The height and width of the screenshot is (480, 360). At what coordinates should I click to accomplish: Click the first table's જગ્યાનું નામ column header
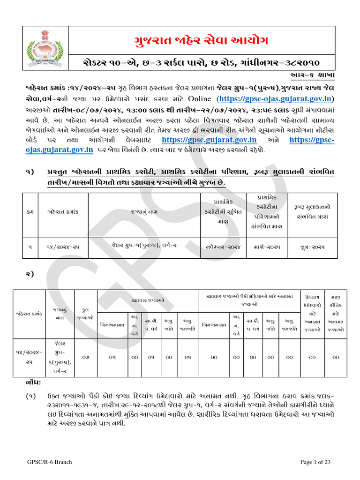pos(142,212)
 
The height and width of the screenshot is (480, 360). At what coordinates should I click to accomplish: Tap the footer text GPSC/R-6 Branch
pos(50,462)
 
